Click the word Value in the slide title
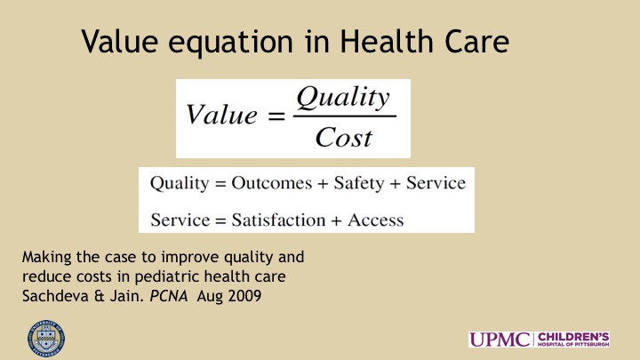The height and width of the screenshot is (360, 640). pos(120,41)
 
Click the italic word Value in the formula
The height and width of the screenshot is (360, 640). pos(221,114)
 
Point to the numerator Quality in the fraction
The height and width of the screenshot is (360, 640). pos(343,98)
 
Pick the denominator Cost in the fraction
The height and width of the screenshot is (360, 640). pos(344,137)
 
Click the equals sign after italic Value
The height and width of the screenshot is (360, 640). pos(276,116)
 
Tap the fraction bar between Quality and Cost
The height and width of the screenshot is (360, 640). pos(345,116)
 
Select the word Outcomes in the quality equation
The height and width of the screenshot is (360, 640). pos(271,183)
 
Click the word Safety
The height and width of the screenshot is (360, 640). pos(359,183)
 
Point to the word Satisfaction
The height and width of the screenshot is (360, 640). pos(279,220)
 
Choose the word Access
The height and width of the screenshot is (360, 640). pos(375,220)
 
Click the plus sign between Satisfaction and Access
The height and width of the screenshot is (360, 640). pos(336,220)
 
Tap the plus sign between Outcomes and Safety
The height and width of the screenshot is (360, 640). pos(323,184)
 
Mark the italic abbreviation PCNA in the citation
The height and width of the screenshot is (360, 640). pos(169,295)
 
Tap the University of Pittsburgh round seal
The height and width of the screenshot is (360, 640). pos(46,340)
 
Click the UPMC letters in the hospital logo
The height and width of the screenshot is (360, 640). pos(500,340)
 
